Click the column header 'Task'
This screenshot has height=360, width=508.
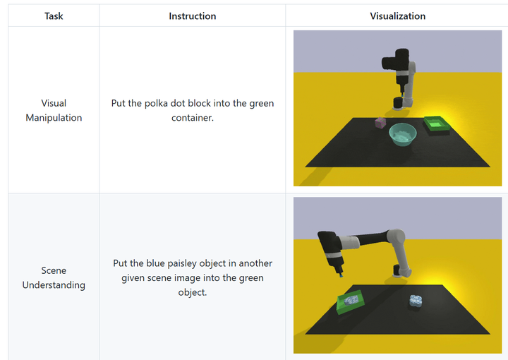coord(54,16)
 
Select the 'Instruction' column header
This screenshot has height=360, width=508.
coord(193,16)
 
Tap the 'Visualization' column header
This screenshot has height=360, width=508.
coord(397,16)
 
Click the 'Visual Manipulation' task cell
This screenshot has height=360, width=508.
coord(54,110)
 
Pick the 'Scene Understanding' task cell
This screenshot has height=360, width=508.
coord(54,277)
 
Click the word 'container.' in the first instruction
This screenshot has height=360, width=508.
coord(193,118)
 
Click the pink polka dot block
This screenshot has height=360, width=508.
coord(380,123)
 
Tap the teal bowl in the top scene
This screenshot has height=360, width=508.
coord(403,134)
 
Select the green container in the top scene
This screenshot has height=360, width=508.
coord(437,124)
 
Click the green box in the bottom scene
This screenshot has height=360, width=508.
coord(350,302)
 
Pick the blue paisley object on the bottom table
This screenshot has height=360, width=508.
coord(416,301)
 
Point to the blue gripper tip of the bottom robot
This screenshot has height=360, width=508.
coord(341,276)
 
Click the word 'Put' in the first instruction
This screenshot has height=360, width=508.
coord(119,103)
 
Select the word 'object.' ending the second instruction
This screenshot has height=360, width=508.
coord(193,292)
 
